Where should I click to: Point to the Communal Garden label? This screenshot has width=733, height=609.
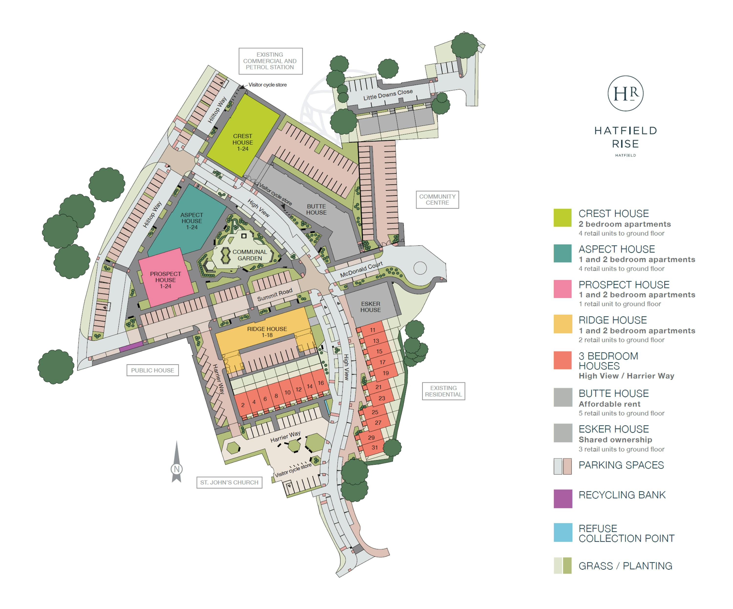click(x=249, y=255)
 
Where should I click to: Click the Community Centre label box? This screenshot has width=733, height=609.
click(x=437, y=200)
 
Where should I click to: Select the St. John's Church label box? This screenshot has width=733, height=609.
click(x=229, y=482)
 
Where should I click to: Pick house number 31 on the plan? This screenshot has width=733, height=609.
click(x=375, y=448)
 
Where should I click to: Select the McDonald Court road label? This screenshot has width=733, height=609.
click(x=361, y=270)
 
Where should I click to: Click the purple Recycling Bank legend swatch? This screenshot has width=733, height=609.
click(x=563, y=498)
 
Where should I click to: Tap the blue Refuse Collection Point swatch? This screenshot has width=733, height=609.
click(x=563, y=532)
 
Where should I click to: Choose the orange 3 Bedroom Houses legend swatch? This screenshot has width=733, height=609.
click(x=563, y=360)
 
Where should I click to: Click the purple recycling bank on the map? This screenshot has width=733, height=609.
click(x=131, y=347)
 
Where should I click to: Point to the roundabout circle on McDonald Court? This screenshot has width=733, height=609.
click(x=420, y=268)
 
